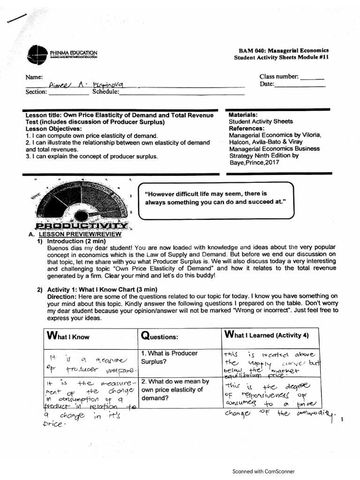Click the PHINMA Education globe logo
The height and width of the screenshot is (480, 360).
coord(37,53)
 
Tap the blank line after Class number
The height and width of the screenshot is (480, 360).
coord(312,77)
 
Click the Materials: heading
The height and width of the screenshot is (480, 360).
coord(243,115)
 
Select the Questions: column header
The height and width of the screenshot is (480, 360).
coord(160,337)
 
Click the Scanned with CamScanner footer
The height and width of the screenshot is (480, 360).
coord(263,472)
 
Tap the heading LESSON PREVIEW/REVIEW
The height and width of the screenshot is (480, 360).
coord(80,234)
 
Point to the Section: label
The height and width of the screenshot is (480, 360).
coord(36,92)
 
